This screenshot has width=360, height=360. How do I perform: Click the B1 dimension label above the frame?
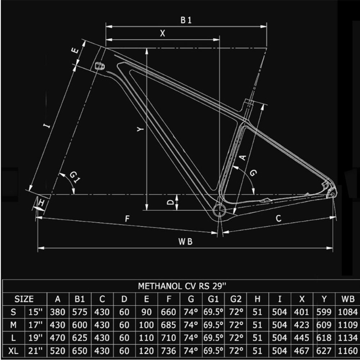tap(186, 21)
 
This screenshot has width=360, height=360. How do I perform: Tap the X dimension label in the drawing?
tap(163, 33)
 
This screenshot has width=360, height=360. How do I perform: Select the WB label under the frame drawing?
tap(185, 242)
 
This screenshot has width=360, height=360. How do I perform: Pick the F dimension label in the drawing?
tap(127, 219)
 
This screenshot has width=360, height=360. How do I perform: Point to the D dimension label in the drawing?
tap(171, 203)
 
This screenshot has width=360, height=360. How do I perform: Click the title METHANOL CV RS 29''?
tap(182, 286)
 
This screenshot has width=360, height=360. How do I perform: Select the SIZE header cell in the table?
tap(24, 299)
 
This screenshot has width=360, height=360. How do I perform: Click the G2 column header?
tap(235, 299)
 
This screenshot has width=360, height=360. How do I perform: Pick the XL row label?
tap(13, 351)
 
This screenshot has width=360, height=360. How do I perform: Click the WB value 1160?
tap(347, 351)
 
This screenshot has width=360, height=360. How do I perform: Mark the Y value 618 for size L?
tap(324, 338)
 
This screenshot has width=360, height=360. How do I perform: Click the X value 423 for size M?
tap(302, 325)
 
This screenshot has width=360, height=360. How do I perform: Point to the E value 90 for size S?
tap(146, 312)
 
